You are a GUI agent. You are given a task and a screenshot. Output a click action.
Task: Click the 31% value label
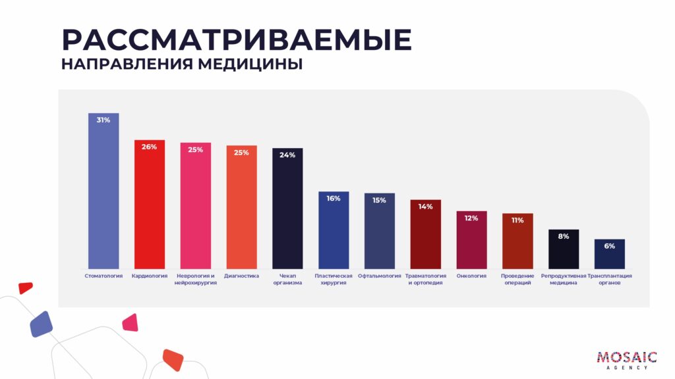[103, 120]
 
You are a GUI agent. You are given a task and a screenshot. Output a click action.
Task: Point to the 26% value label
[150, 147]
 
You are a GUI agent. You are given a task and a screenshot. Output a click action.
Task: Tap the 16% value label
[334, 198]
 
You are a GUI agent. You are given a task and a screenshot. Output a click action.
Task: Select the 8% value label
[564, 236]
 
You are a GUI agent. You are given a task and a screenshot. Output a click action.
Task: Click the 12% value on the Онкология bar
[471, 218]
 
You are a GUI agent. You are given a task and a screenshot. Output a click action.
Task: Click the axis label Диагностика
[241, 276]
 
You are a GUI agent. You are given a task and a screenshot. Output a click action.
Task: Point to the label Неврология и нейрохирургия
[196, 279]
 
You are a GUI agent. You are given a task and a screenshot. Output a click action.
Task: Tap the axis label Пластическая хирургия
[334, 279]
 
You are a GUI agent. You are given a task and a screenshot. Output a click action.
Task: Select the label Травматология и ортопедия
[425, 279]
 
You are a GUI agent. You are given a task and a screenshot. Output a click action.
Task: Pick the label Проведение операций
[517, 279]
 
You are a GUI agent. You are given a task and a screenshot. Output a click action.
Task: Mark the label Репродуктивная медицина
[564, 279]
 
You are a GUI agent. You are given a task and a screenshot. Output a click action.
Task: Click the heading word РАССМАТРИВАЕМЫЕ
[237, 40]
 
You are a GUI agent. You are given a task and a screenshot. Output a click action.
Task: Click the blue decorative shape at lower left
[41, 324]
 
